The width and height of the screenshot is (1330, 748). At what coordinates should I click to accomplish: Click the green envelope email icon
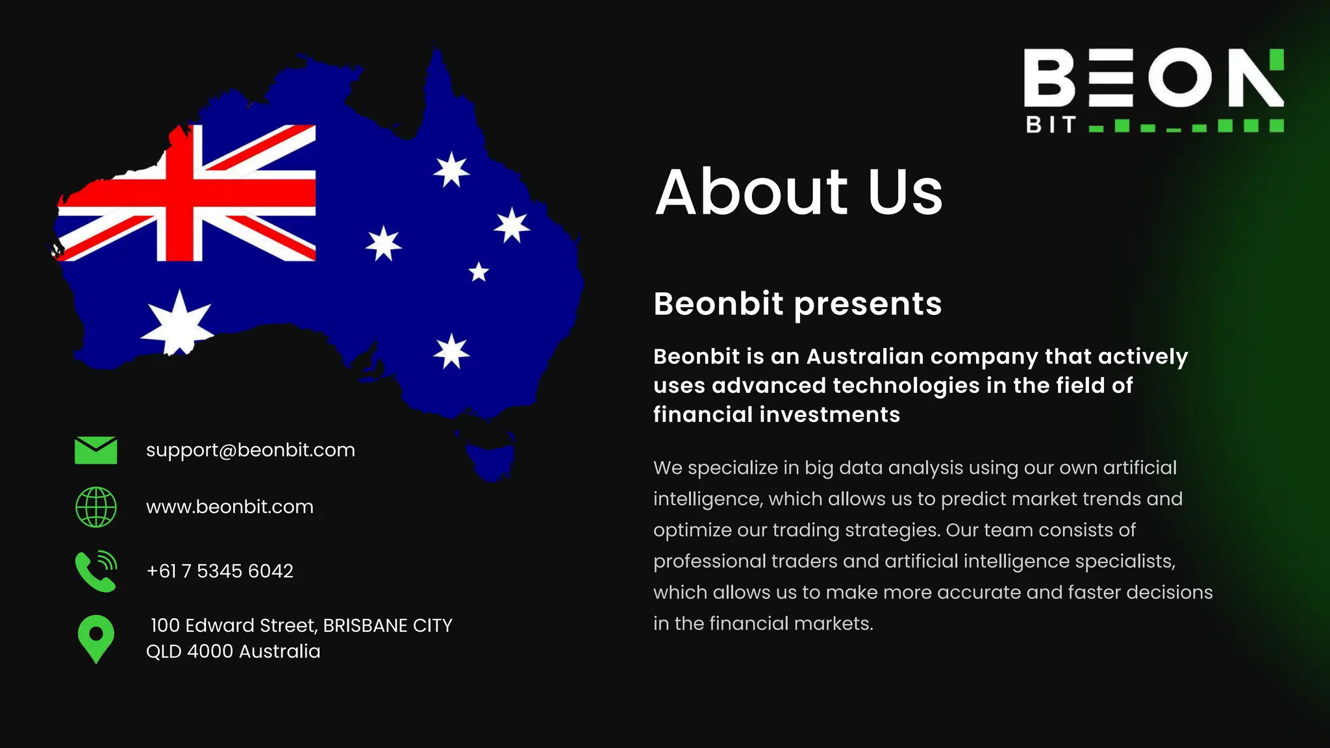[x=96, y=450]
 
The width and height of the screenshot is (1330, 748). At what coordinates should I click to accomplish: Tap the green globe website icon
[x=96, y=507]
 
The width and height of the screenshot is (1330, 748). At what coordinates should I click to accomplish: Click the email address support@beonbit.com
[x=250, y=450]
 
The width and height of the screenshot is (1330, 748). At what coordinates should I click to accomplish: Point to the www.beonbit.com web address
[x=229, y=506]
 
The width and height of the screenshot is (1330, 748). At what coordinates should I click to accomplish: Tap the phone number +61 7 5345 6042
[x=220, y=571]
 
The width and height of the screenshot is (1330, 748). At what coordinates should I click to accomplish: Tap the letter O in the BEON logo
[x=1180, y=77]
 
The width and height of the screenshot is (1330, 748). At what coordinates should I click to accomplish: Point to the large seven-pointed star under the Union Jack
[x=177, y=323]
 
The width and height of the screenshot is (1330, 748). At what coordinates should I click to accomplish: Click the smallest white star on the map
[x=479, y=272]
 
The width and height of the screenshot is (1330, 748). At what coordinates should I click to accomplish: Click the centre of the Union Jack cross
[x=180, y=193]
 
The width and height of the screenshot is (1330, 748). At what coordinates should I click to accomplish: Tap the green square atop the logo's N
[x=1276, y=58]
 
